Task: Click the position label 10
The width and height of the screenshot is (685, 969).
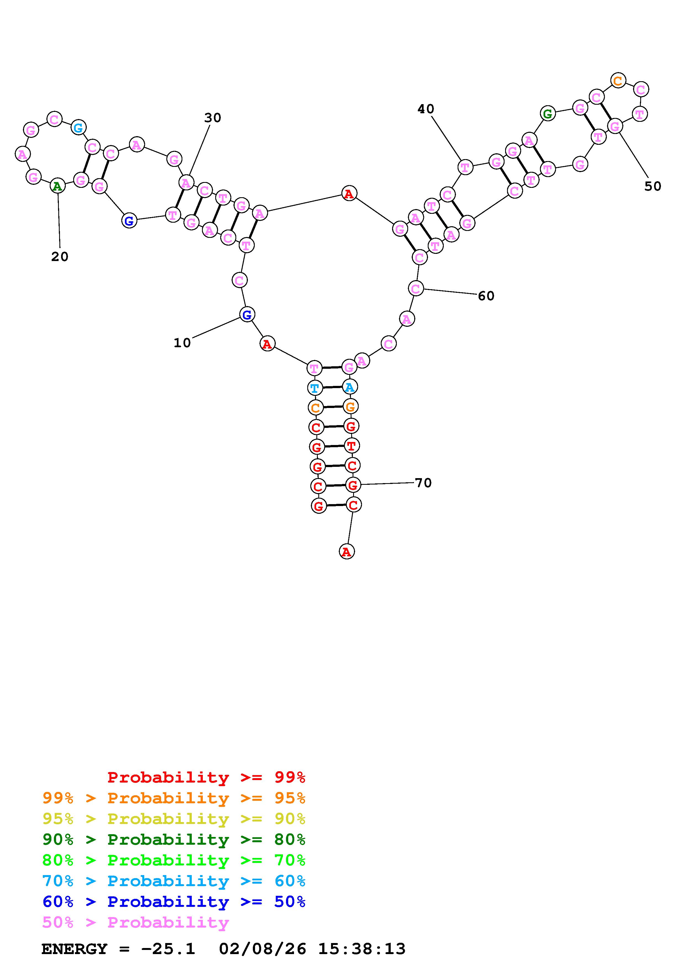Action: tap(182, 343)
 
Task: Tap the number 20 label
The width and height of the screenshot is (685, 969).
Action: tap(59, 257)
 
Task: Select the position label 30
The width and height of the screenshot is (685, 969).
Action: tap(213, 118)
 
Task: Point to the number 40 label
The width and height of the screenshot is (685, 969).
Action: tap(426, 109)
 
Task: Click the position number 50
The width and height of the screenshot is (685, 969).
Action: tap(652, 186)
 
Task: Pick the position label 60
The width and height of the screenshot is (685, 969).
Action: tap(486, 296)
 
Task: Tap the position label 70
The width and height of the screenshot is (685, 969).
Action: tap(423, 483)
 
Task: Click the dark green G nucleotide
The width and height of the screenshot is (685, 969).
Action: tap(547, 114)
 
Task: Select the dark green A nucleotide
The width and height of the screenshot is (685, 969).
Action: tap(57, 186)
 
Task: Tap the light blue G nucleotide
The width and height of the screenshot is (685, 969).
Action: tap(78, 127)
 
